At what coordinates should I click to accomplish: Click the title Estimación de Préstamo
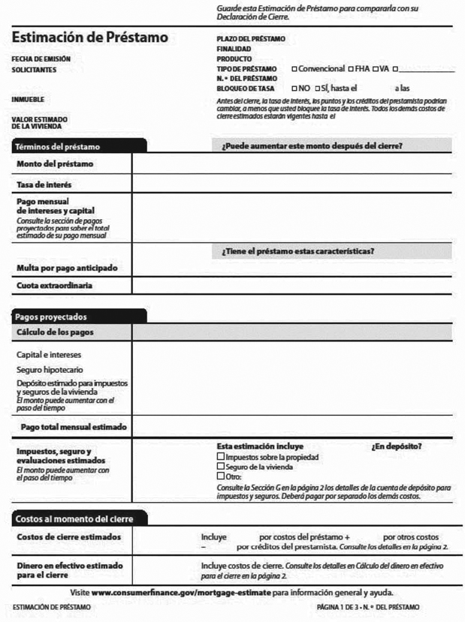(89, 38)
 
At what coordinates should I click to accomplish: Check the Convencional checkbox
(294, 69)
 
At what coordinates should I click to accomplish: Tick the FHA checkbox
(351, 69)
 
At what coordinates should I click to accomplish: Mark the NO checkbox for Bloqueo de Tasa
(294, 89)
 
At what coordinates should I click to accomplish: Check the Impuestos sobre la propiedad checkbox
(220, 456)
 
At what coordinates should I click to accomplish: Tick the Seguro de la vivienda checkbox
(220, 466)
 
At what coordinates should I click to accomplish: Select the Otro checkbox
(220, 476)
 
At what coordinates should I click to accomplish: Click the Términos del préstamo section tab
(58, 146)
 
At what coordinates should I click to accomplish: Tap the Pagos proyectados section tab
(52, 317)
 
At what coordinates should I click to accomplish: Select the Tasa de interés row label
(44, 184)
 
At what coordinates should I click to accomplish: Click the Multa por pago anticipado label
(66, 268)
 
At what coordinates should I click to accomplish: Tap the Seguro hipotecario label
(50, 369)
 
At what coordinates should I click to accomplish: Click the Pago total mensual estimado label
(74, 427)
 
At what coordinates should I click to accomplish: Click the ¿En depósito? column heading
(396, 446)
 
